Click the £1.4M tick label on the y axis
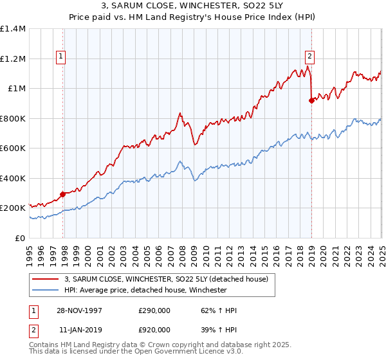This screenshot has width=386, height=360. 13,29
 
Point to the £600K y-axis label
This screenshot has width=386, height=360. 13,148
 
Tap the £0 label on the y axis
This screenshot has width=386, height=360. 19,238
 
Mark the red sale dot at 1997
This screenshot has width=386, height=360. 63,194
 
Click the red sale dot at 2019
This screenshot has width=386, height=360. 311,100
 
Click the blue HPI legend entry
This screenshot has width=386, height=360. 145,290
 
